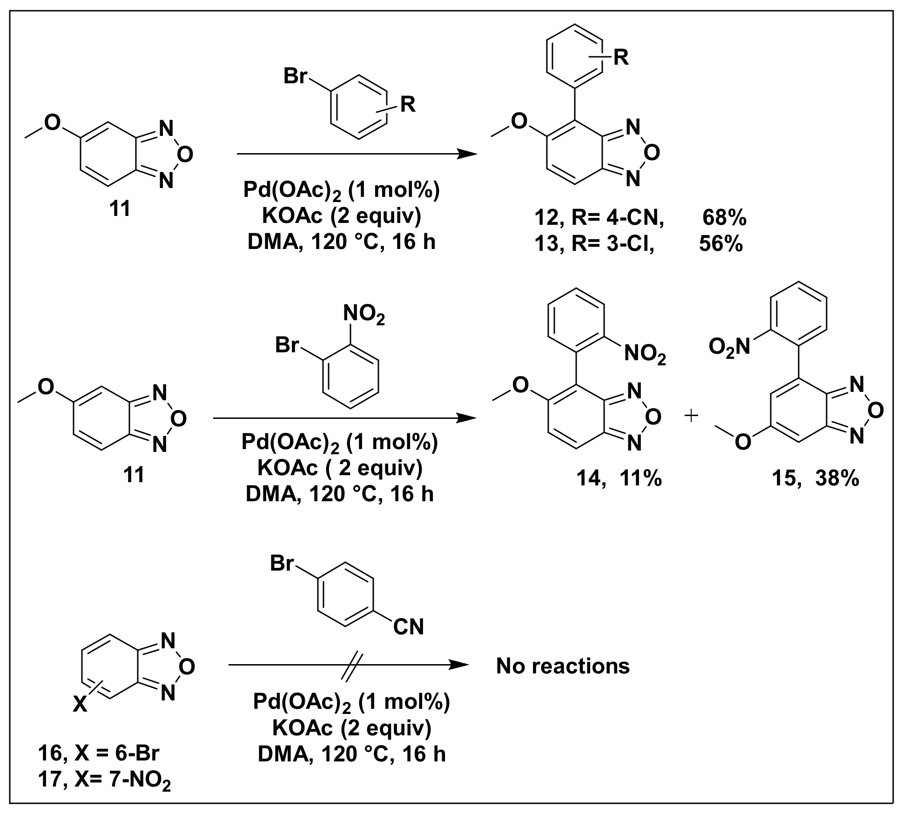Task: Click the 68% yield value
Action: click(x=724, y=217)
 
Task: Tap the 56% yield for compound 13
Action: click(x=720, y=244)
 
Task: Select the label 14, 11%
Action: click(x=619, y=478)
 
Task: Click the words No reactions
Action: click(x=563, y=666)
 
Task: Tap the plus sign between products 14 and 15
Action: click(x=692, y=416)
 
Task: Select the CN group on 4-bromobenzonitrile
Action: click(x=408, y=627)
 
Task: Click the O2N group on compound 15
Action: click(x=729, y=347)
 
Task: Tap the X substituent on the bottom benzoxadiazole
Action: click(x=80, y=706)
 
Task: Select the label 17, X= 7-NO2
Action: click(x=105, y=780)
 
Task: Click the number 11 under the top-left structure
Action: click(x=120, y=209)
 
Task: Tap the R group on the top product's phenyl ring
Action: click(x=621, y=58)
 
